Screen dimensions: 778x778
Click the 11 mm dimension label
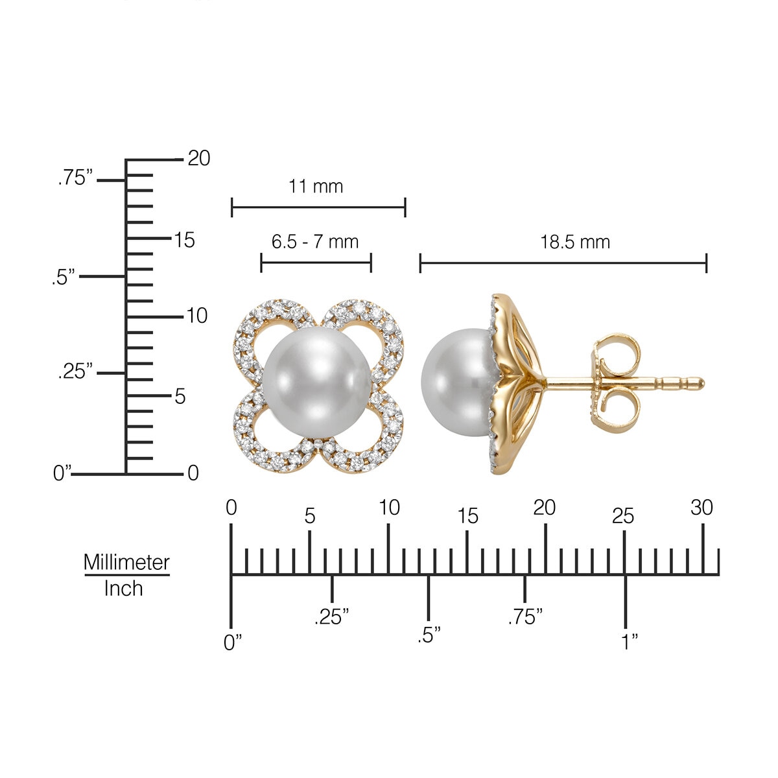(x=315, y=187)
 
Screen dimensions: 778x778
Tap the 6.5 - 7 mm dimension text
(x=315, y=242)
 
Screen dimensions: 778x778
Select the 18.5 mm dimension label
(x=575, y=242)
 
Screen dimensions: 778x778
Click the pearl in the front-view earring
(x=317, y=382)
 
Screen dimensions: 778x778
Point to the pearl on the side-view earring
(x=458, y=382)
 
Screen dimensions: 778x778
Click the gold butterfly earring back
(x=616, y=383)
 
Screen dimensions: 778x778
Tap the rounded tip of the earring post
(x=701, y=383)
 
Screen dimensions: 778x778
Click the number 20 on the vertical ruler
(x=198, y=158)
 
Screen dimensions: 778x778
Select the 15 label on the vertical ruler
(x=185, y=240)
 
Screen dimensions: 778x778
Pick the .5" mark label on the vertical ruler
(x=64, y=277)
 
